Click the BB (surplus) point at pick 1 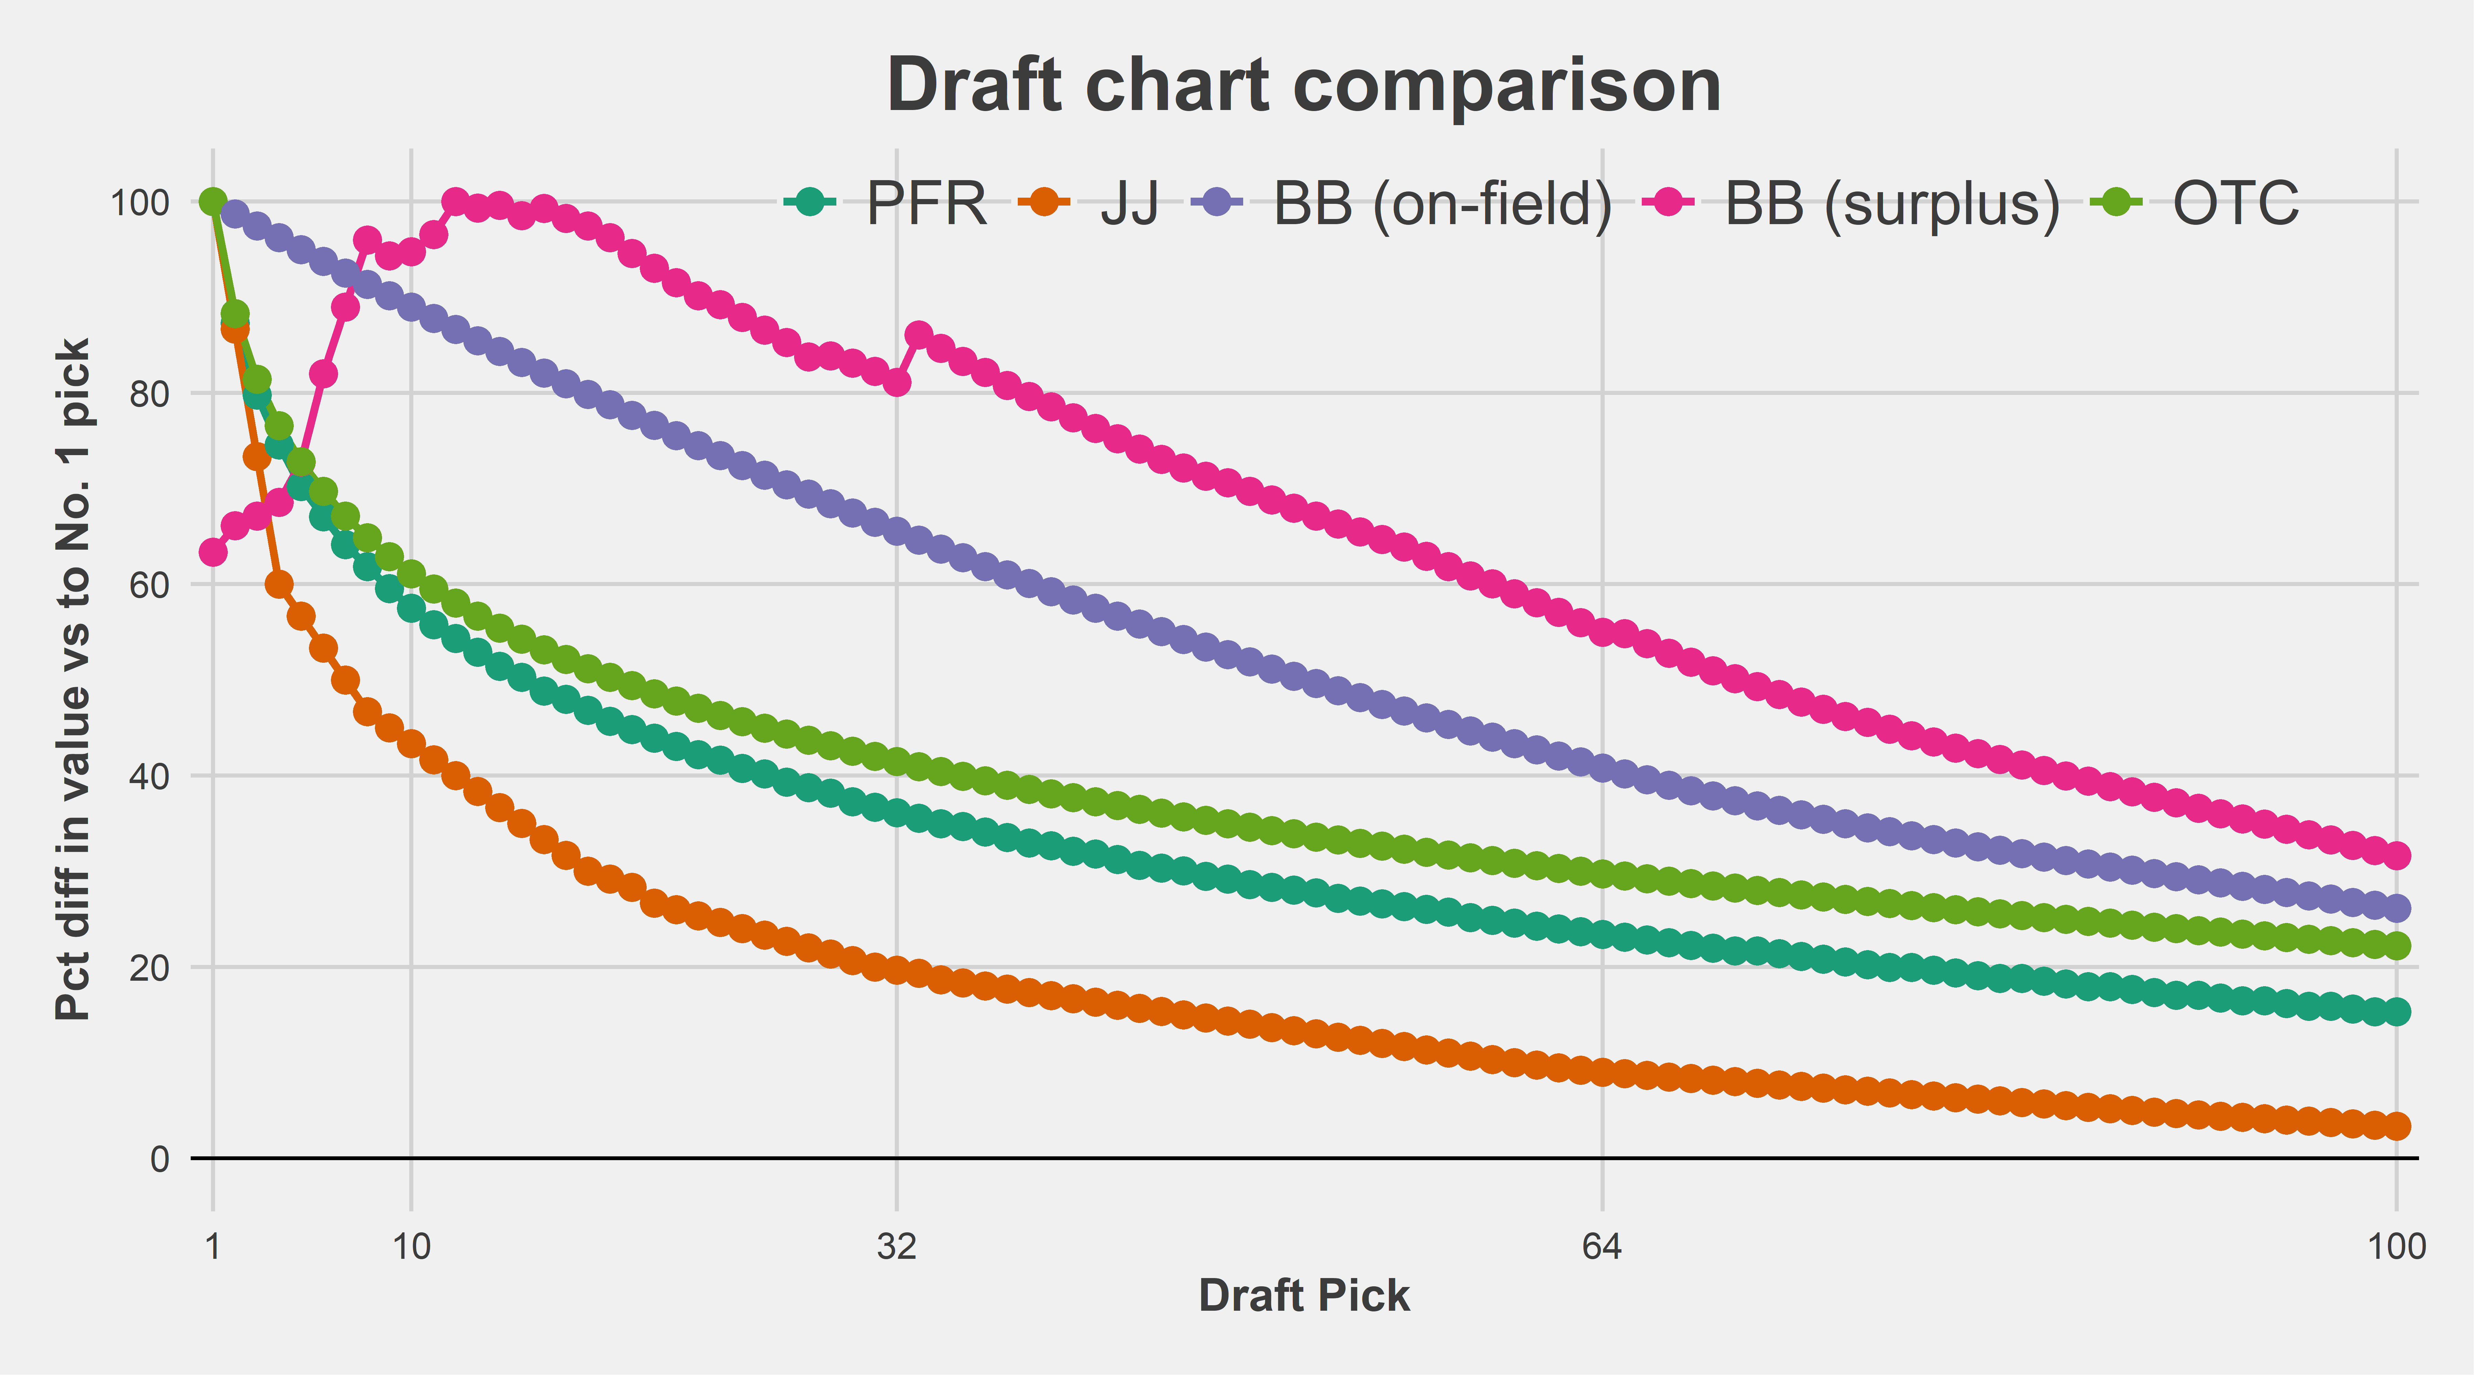click(213, 552)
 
